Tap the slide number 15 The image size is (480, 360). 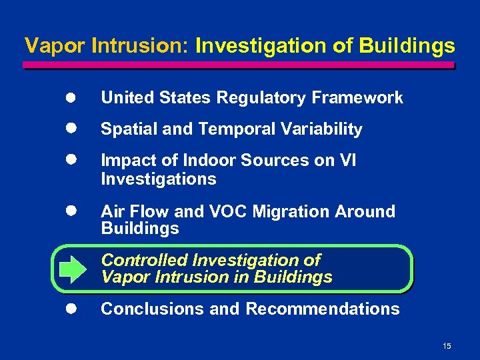[x=447, y=345]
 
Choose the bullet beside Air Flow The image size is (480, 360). [x=71, y=211]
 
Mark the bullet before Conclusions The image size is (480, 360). [x=71, y=309]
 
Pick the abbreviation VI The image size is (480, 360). [x=347, y=161]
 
